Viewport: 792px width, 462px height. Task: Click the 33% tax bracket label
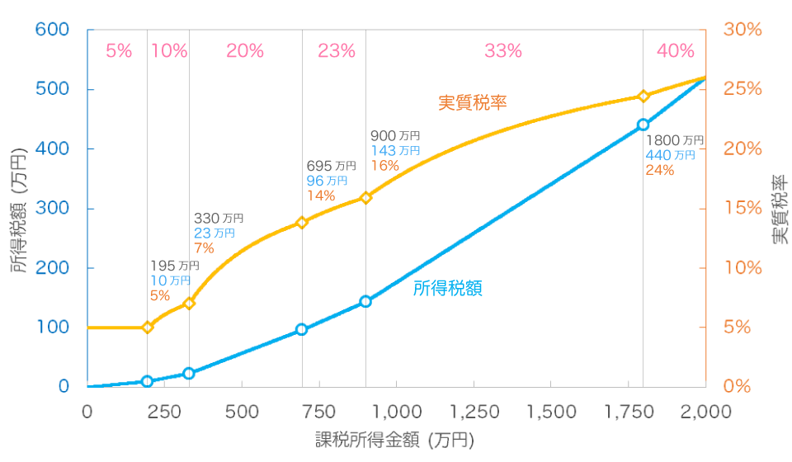(503, 51)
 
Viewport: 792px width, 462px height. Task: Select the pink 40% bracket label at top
(676, 51)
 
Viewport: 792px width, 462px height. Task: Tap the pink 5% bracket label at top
(119, 51)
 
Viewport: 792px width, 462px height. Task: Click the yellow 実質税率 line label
(472, 103)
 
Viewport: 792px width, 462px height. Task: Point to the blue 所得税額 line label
(447, 289)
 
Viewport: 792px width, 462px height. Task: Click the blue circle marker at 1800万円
(643, 125)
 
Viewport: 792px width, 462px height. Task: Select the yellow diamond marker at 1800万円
(643, 97)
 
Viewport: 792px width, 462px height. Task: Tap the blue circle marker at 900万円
(365, 302)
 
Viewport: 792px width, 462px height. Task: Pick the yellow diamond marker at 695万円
(302, 223)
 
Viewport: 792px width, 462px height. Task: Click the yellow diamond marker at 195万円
(148, 328)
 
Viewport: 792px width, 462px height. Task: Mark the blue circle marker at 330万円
(189, 373)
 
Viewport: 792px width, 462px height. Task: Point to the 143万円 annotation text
(395, 150)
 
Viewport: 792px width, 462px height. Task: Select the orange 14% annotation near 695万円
(320, 196)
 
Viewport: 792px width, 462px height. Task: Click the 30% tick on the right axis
(742, 30)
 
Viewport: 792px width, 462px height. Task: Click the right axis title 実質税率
(778, 209)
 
